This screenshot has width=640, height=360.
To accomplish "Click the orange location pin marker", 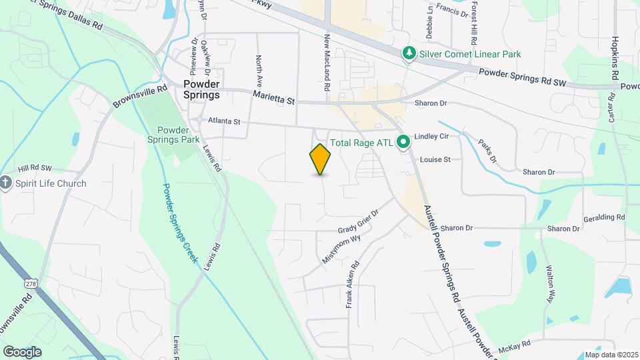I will (320, 159).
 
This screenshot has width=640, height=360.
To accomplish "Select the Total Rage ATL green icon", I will (403, 142).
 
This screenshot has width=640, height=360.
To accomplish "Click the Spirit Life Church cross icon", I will (6, 183).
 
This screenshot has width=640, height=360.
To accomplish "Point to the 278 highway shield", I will (31, 283).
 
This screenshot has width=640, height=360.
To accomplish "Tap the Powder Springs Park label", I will (173, 135).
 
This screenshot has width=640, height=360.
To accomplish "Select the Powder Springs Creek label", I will (181, 223).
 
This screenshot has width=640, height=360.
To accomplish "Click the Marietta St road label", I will (273, 98).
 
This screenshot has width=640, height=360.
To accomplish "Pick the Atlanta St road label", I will (223, 122).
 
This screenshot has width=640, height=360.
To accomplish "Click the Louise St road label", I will (435, 160).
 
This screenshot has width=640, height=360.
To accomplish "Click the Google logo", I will (22, 351).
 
